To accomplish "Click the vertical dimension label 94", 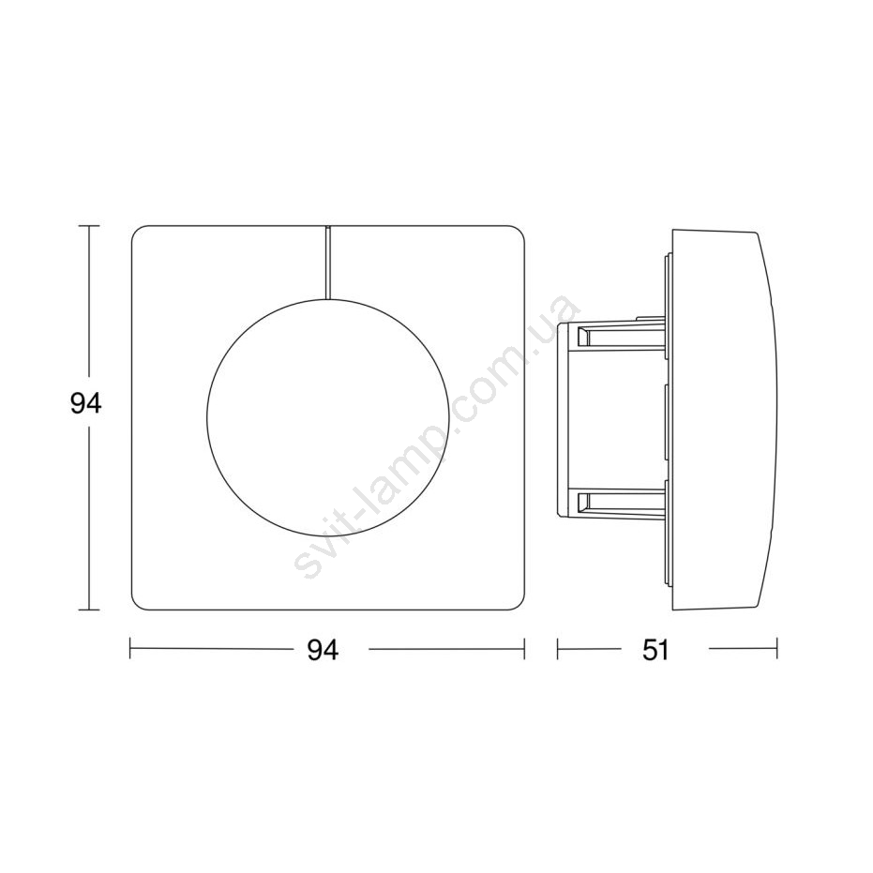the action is tap(85, 403).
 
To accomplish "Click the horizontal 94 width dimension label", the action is tap(323, 650).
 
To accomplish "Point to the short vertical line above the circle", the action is tap(327, 263).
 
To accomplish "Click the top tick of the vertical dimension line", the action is tap(89, 226).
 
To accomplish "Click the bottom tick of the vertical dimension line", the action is tap(89, 610).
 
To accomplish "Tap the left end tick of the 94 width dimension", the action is tap(130, 649).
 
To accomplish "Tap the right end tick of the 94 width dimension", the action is tap(524, 649).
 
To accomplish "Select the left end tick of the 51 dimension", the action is tap(558, 649).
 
